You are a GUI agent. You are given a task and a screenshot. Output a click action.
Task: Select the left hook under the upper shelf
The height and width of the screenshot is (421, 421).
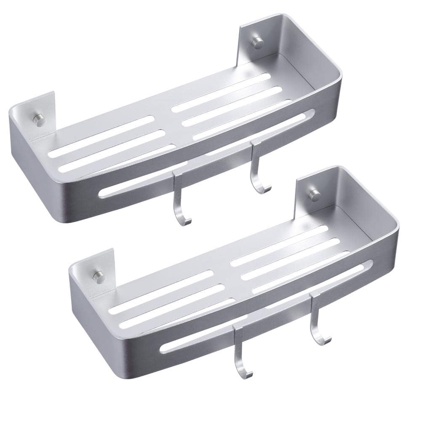180,198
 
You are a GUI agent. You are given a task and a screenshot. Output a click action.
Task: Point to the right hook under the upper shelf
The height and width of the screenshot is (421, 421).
256,168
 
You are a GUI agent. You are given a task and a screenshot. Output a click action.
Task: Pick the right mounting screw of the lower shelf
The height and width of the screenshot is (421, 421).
314,195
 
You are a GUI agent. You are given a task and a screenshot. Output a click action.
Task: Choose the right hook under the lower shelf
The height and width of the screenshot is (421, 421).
316,320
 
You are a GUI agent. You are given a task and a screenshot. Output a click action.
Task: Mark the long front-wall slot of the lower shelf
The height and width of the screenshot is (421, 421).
265,307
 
